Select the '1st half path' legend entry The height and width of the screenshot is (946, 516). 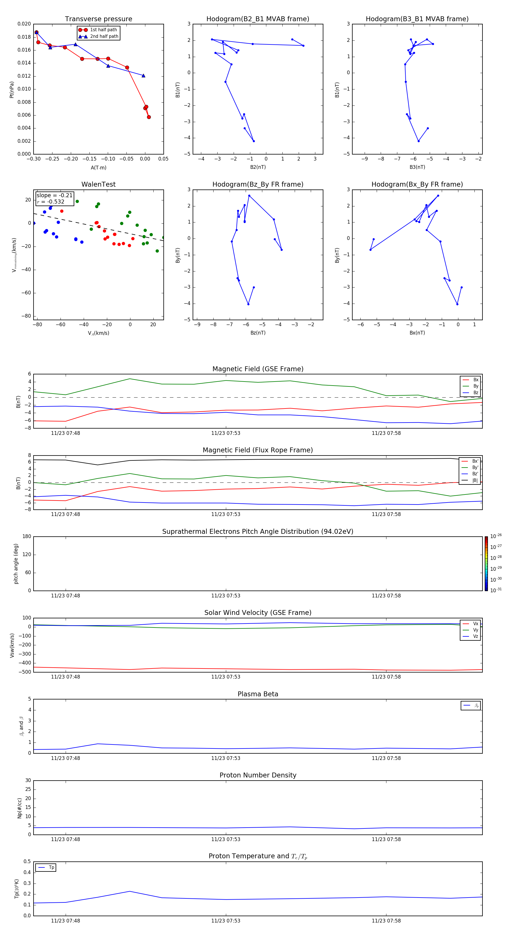click(103, 30)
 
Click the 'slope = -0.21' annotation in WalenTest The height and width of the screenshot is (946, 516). click(54, 196)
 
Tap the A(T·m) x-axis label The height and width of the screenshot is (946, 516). click(98, 167)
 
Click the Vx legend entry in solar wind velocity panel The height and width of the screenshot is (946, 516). click(475, 623)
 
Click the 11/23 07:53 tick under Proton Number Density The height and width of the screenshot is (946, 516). click(226, 839)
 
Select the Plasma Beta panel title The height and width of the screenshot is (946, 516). click(257, 694)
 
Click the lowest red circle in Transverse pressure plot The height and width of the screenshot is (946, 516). click(149, 117)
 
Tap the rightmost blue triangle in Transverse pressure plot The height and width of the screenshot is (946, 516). click(143, 76)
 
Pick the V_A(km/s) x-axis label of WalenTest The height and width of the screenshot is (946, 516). click(98, 333)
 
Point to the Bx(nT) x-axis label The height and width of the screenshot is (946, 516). click(417, 333)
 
